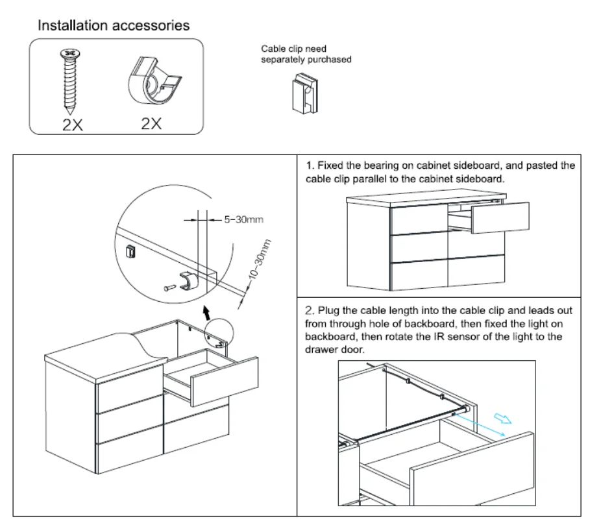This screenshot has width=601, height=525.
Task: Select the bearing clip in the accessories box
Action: (x=151, y=82)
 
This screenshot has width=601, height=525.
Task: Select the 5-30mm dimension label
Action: (x=244, y=220)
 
